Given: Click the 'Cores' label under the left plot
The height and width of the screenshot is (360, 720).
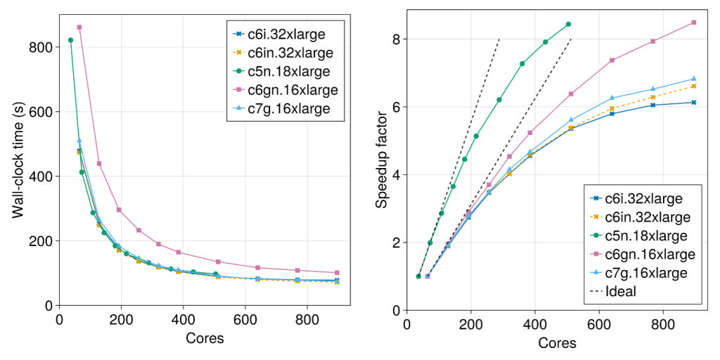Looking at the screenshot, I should pyautogui.click(x=205, y=338).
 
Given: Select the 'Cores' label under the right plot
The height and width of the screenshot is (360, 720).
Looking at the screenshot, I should pyautogui.click(x=557, y=343).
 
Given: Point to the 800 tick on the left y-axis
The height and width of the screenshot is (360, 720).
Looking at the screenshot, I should pyautogui.click(x=42, y=47).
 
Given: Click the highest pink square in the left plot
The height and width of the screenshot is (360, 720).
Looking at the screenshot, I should pyautogui.click(x=79, y=27).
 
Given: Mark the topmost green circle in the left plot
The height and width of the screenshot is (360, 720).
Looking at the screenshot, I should pyautogui.click(x=70, y=40).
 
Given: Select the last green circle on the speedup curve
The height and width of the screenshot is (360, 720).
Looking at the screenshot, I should pyautogui.click(x=568, y=24).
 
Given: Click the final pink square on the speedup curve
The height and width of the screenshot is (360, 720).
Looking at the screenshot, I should pyautogui.click(x=693, y=22).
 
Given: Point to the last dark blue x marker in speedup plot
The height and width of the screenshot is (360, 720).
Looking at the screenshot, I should pyautogui.click(x=693, y=103).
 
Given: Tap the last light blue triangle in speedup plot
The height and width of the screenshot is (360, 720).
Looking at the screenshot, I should pyautogui.click(x=693, y=79).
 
